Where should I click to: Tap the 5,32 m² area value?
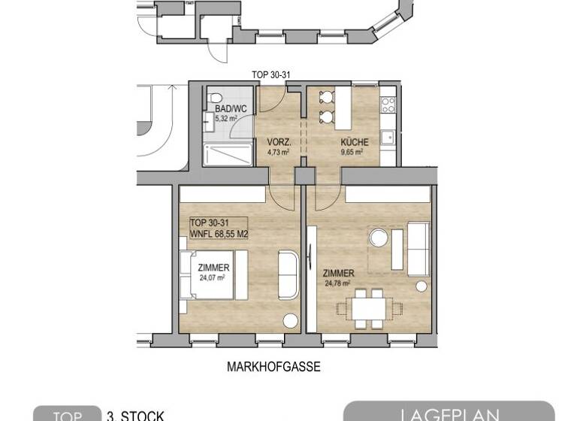coord(225,118)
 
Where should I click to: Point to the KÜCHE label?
coord(352,142)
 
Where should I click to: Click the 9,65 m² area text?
coord(352,151)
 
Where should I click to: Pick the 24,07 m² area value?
coord(213,277)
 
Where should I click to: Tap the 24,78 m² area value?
coord(338,283)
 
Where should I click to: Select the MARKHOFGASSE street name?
coord(273,368)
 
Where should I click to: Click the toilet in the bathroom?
coord(216,98)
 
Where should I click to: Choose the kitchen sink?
coord(387,138)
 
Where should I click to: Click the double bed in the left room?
coord(208,273)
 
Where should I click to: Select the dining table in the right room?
coord(361,308)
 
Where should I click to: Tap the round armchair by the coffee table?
coord(377,238)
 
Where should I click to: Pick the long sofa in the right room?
coord(418,247)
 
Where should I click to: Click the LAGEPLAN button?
coord(448,412)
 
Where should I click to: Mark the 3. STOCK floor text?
coord(135,416)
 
